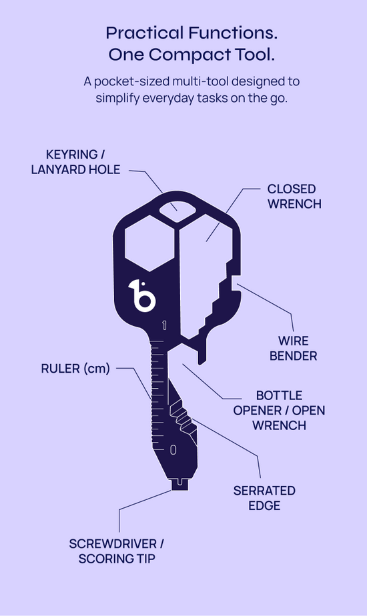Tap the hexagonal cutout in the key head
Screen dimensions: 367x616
(149, 243)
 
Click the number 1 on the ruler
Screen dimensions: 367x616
(164, 326)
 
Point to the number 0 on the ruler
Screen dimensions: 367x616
(173, 450)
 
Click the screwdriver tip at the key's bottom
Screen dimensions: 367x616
(179, 484)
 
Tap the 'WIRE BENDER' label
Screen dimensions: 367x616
(294, 348)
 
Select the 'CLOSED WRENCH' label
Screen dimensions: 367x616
(294, 197)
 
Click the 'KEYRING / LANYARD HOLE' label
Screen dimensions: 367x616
(75, 162)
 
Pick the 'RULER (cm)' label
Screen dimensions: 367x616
(75, 369)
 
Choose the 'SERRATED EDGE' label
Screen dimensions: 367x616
(264, 498)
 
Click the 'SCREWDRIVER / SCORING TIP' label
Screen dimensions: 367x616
(116, 551)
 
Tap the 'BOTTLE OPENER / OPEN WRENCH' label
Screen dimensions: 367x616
(280, 410)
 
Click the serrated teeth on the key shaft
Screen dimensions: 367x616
(183, 417)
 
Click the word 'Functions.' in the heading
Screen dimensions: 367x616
(232, 33)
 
